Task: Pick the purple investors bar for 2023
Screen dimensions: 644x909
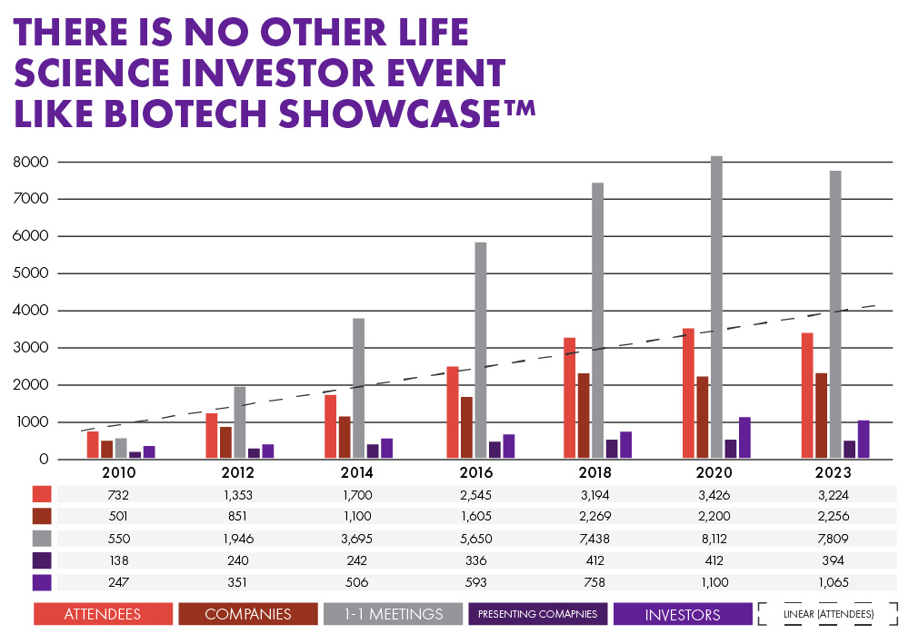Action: click(864, 439)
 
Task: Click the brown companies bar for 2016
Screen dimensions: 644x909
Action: click(466, 427)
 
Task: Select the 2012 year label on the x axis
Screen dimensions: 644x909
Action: click(238, 473)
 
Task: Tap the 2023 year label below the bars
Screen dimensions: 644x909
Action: click(834, 473)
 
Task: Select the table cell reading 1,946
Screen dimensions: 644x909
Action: click(237, 539)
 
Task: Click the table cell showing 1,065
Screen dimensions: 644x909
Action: click(834, 582)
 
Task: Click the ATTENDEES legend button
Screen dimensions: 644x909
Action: click(103, 614)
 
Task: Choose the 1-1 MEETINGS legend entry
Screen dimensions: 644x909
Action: click(393, 614)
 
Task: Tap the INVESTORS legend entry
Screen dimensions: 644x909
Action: click(683, 614)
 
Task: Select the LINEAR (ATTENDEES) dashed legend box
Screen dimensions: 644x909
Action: click(829, 614)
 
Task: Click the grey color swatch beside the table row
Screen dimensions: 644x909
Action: click(42, 539)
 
